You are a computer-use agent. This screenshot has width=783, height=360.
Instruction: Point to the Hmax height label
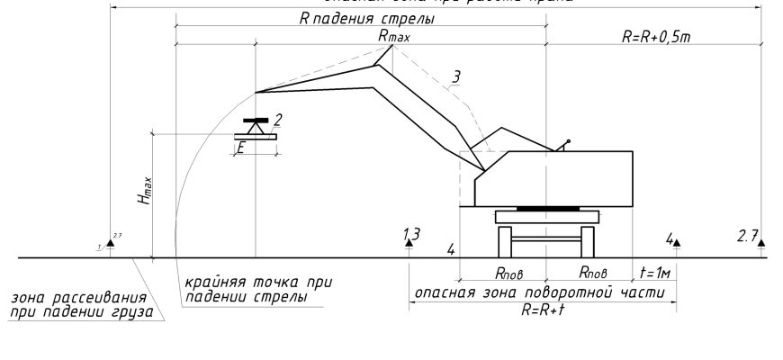click(x=144, y=193)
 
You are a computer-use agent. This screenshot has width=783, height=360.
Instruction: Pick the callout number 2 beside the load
click(x=279, y=119)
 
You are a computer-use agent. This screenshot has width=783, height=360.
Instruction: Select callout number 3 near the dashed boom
click(x=457, y=76)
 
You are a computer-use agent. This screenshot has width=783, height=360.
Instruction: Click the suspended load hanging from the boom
click(x=256, y=125)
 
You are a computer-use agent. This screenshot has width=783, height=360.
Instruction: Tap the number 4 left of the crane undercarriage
click(x=451, y=249)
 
